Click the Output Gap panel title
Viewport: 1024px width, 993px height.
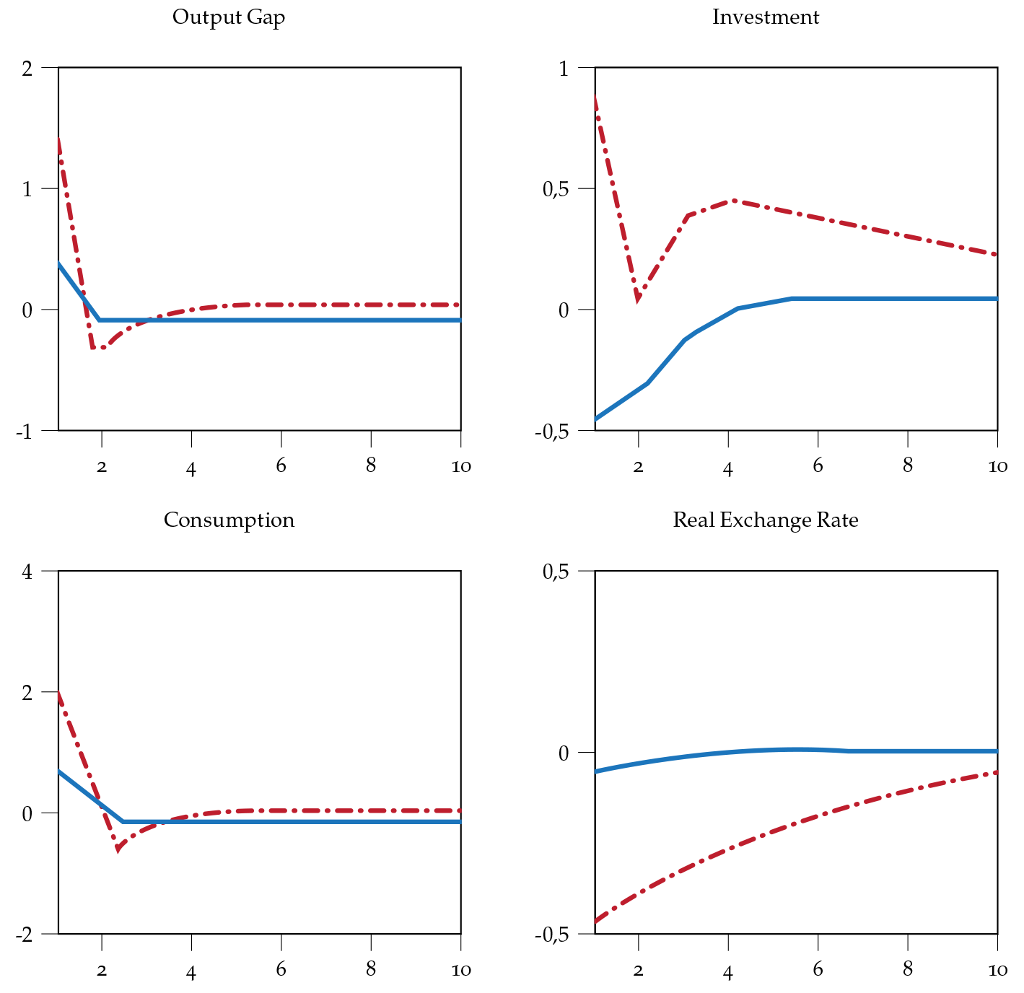coord(229,17)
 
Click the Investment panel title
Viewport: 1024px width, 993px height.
coord(766,17)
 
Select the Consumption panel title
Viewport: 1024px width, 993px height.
coord(229,520)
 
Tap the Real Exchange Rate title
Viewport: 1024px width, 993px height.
coord(766,520)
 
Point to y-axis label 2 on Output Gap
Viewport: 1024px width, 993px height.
coord(27,68)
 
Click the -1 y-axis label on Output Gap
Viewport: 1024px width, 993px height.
coord(24,431)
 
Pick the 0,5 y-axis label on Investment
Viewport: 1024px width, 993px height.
coord(555,189)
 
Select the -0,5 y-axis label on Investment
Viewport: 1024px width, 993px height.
coord(551,431)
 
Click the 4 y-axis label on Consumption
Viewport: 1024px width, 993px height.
coord(27,572)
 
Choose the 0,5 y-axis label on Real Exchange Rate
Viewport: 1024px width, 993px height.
coord(555,572)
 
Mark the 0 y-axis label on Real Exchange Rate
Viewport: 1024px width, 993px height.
coord(564,753)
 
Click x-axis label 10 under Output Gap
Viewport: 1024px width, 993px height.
coord(460,466)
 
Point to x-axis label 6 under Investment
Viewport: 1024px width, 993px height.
coord(818,466)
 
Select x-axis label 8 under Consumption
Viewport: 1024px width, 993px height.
coord(371,970)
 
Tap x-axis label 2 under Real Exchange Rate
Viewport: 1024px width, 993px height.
coord(638,970)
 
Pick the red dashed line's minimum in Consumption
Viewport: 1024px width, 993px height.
coord(118,849)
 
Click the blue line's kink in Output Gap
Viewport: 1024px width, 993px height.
coord(100,320)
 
